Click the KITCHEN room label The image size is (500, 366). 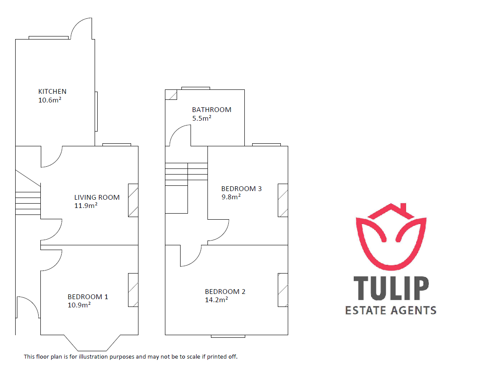(x=52, y=92)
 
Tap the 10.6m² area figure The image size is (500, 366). (x=50, y=100)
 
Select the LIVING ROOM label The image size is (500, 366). (x=97, y=198)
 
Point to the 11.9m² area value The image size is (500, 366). (x=86, y=205)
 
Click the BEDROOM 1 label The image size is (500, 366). (x=88, y=297)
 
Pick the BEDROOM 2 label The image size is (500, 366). (x=225, y=292)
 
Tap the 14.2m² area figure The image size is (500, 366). (x=217, y=300)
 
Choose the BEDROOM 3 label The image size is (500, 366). (x=241, y=188)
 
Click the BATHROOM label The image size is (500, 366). (x=212, y=110)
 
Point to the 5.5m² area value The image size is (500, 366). (x=202, y=118)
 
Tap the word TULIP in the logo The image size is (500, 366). (x=391, y=288)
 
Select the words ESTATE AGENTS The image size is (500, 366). (x=391, y=310)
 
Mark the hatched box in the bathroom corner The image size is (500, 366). (x=171, y=95)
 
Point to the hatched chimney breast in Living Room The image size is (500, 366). (x=133, y=201)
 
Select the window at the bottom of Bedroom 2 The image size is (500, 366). (x=228, y=336)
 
